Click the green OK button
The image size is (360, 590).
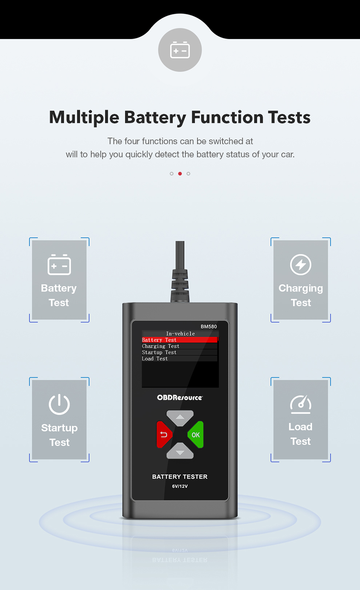(195, 434)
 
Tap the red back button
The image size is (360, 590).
(164, 434)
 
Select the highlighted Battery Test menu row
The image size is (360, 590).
(180, 340)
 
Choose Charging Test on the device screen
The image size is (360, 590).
(160, 346)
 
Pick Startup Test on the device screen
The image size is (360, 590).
(159, 352)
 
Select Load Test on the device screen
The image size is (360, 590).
(155, 358)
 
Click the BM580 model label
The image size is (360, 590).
(208, 327)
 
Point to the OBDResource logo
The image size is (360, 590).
(180, 397)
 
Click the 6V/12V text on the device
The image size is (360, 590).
(180, 486)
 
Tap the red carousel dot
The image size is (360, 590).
(180, 173)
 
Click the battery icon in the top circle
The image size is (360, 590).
(180, 50)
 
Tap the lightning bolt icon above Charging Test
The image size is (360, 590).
(301, 265)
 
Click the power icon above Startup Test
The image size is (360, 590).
(59, 405)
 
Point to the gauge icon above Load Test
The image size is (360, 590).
(301, 404)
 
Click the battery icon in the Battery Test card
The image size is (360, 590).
(59, 265)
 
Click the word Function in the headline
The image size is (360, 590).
(227, 117)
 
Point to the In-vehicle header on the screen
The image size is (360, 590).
(180, 333)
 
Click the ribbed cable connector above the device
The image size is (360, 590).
(180, 286)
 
